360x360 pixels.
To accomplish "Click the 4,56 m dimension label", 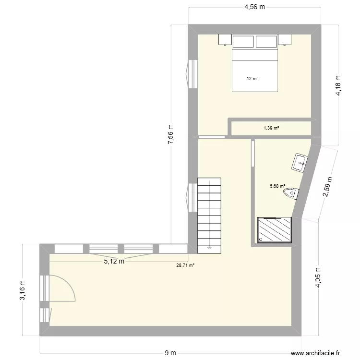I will tap(255, 7).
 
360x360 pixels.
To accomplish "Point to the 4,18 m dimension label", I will tap(339, 86).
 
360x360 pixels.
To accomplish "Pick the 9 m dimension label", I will tap(170, 353).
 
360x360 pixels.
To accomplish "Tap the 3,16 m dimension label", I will tap(22, 291).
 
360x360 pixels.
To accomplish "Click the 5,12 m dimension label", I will tap(114, 262).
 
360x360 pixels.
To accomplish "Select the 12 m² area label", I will tap(252, 78).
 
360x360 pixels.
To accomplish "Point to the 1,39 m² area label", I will tap(271, 128).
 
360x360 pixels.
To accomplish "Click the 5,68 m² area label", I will tap(277, 186).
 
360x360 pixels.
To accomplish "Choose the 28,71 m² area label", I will tap(185, 265).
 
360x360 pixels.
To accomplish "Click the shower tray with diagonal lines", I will tap(275, 229).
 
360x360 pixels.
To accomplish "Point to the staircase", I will tap(209, 214).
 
